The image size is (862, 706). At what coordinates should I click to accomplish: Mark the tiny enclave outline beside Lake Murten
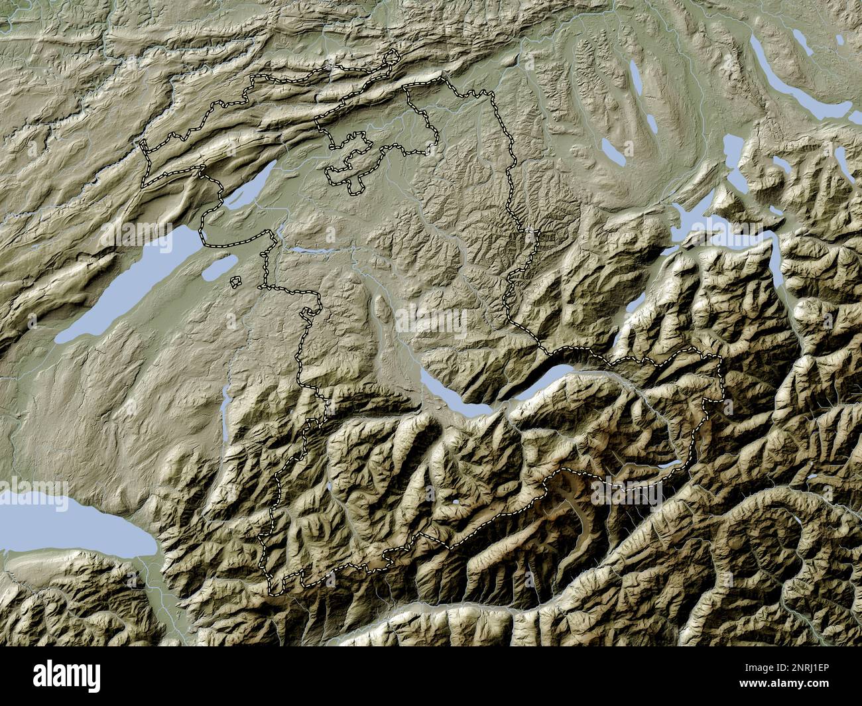pos(235,282)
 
